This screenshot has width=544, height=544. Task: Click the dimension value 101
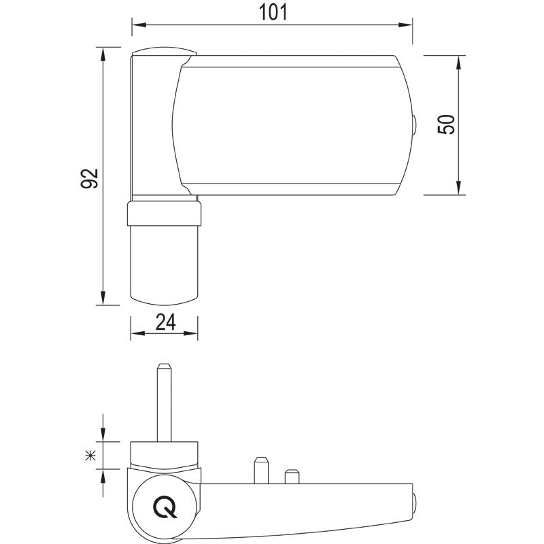tap(272, 12)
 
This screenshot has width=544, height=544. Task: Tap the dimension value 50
tap(446, 124)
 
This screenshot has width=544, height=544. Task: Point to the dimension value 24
tap(165, 322)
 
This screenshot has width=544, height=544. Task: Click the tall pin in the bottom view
tap(164, 401)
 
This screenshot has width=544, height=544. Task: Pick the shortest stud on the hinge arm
tap(292, 475)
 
